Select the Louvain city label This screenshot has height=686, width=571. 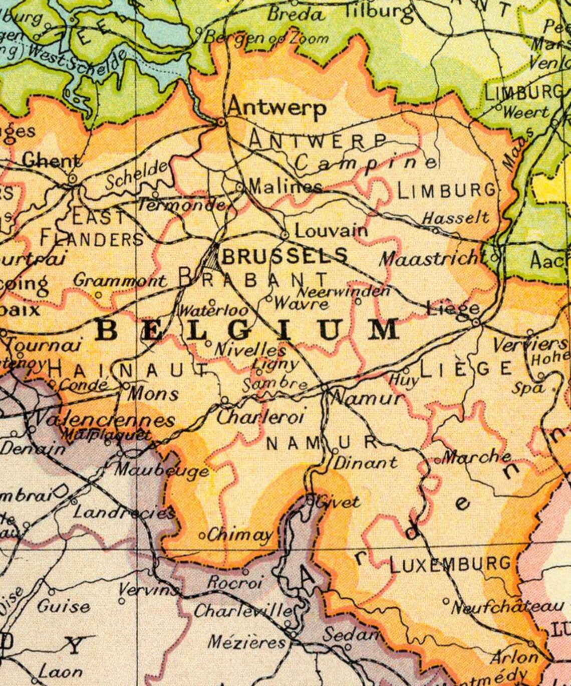pyautogui.click(x=331, y=231)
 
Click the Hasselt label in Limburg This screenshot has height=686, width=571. pyautogui.click(x=455, y=218)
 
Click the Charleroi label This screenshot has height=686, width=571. pyautogui.click(x=260, y=416)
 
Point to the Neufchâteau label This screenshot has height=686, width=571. pyautogui.click(x=507, y=607)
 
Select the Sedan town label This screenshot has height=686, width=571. pyautogui.click(x=350, y=634)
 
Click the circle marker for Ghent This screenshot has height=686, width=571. pyautogui.click(x=72, y=178)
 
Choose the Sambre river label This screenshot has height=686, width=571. pyautogui.click(x=274, y=385)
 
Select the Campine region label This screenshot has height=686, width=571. pyautogui.click(x=366, y=161)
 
